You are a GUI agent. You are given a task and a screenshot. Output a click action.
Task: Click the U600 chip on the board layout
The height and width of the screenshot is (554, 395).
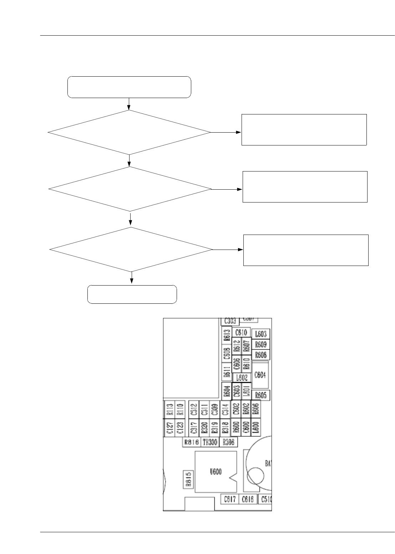coord(216,472)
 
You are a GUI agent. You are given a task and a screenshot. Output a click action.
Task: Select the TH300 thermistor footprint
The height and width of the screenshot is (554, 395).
coord(210,442)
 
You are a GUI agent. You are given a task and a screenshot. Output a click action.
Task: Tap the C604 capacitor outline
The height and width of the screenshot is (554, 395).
coord(261,375)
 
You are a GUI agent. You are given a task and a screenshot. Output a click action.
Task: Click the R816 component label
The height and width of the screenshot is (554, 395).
coord(191,442)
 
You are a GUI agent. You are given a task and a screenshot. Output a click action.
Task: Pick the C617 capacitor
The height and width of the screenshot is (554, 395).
coord(229,499)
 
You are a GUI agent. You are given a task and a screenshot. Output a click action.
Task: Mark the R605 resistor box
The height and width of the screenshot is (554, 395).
coord(261,395)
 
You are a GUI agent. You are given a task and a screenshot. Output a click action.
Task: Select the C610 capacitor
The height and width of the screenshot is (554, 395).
coord(242,332)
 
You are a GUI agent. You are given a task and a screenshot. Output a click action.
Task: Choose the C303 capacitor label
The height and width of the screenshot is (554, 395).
coord(229,321)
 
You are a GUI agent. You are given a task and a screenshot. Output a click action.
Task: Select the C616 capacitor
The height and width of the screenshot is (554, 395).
coord(248,499)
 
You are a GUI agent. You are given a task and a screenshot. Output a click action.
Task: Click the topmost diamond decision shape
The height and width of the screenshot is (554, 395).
coord(129,132)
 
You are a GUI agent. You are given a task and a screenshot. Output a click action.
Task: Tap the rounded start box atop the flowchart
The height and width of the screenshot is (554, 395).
coord(129,87)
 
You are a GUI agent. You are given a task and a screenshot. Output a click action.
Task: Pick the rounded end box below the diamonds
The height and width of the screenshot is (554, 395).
coord(132,294)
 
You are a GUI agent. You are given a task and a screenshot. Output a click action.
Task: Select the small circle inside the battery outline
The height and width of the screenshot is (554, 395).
coord(255,475)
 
